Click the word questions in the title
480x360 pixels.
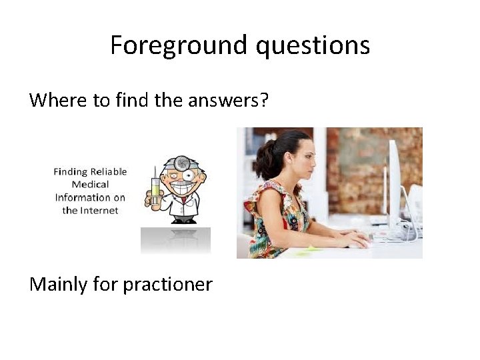pos(313,46)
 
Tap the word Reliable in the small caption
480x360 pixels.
pos(109,171)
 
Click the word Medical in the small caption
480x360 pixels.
pos(90,184)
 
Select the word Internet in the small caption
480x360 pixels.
pos(100,210)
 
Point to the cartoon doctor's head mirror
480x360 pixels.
pos(179,161)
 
